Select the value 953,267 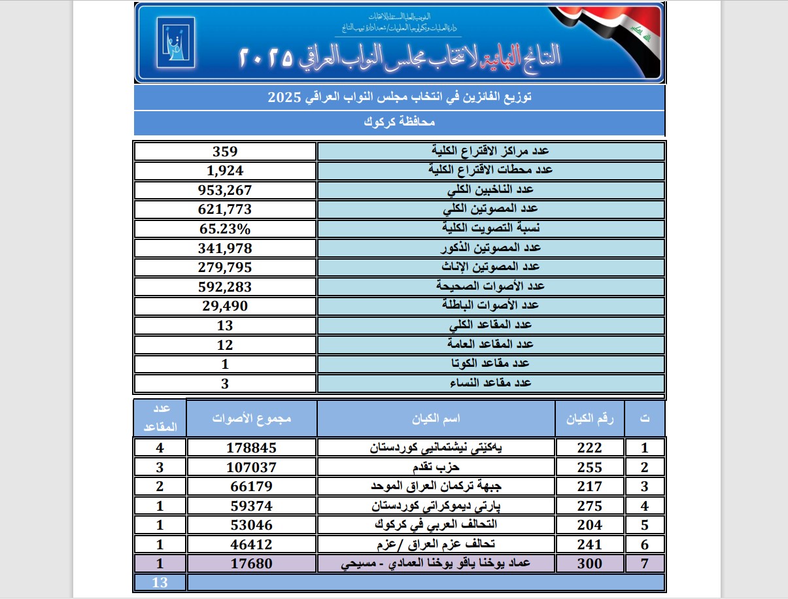click(x=224, y=190)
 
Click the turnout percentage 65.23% click(x=224, y=228)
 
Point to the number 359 click(x=224, y=151)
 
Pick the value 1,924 click(x=224, y=171)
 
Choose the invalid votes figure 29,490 click(x=224, y=305)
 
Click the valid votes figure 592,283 click(x=224, y=286)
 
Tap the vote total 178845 click(x=252, y=447)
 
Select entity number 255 click(x=589, y=468)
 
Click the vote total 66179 click(x=252, y=487)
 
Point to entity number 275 click(x=589, y=506)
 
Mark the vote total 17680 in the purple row click(x=252, y=564)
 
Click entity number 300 click(x=589, y=564)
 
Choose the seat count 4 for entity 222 click(x=159, y=447)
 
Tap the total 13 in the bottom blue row click(x=160, y=582)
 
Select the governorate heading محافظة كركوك click(x=399, y=122)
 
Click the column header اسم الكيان click(x=436, y=418)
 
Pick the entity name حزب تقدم click(x=436, y=468)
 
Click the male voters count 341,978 click(x=224, y=248)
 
